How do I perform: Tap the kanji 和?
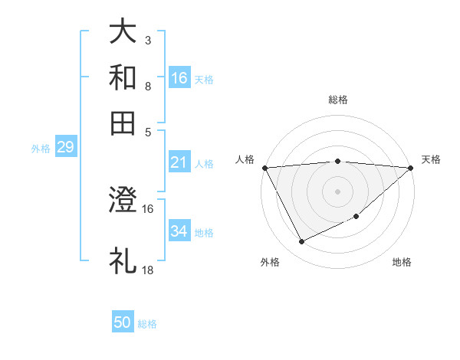click(123, 77)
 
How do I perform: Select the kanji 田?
click(123, 123)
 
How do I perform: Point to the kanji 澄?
click(123, 202)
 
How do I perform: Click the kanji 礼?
click(123, 260)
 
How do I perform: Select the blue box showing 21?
click(179, 162)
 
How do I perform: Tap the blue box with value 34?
click(179, 232)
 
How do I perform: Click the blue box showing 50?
click(123, 322)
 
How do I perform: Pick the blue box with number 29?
click(65, 148)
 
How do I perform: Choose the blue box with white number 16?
click(179, 78)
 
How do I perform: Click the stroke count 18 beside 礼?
click(147, 270)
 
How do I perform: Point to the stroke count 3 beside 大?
click(147, 39)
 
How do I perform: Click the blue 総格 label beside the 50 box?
click(147, 324)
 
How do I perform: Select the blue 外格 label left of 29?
click(40, 149)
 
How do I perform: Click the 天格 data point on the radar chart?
click(411, 168)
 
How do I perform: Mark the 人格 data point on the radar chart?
click(264, 168)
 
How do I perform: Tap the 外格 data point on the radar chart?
click(301, 242)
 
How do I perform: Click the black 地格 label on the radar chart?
click(402, 262)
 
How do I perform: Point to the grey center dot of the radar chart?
click(337, 191)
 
